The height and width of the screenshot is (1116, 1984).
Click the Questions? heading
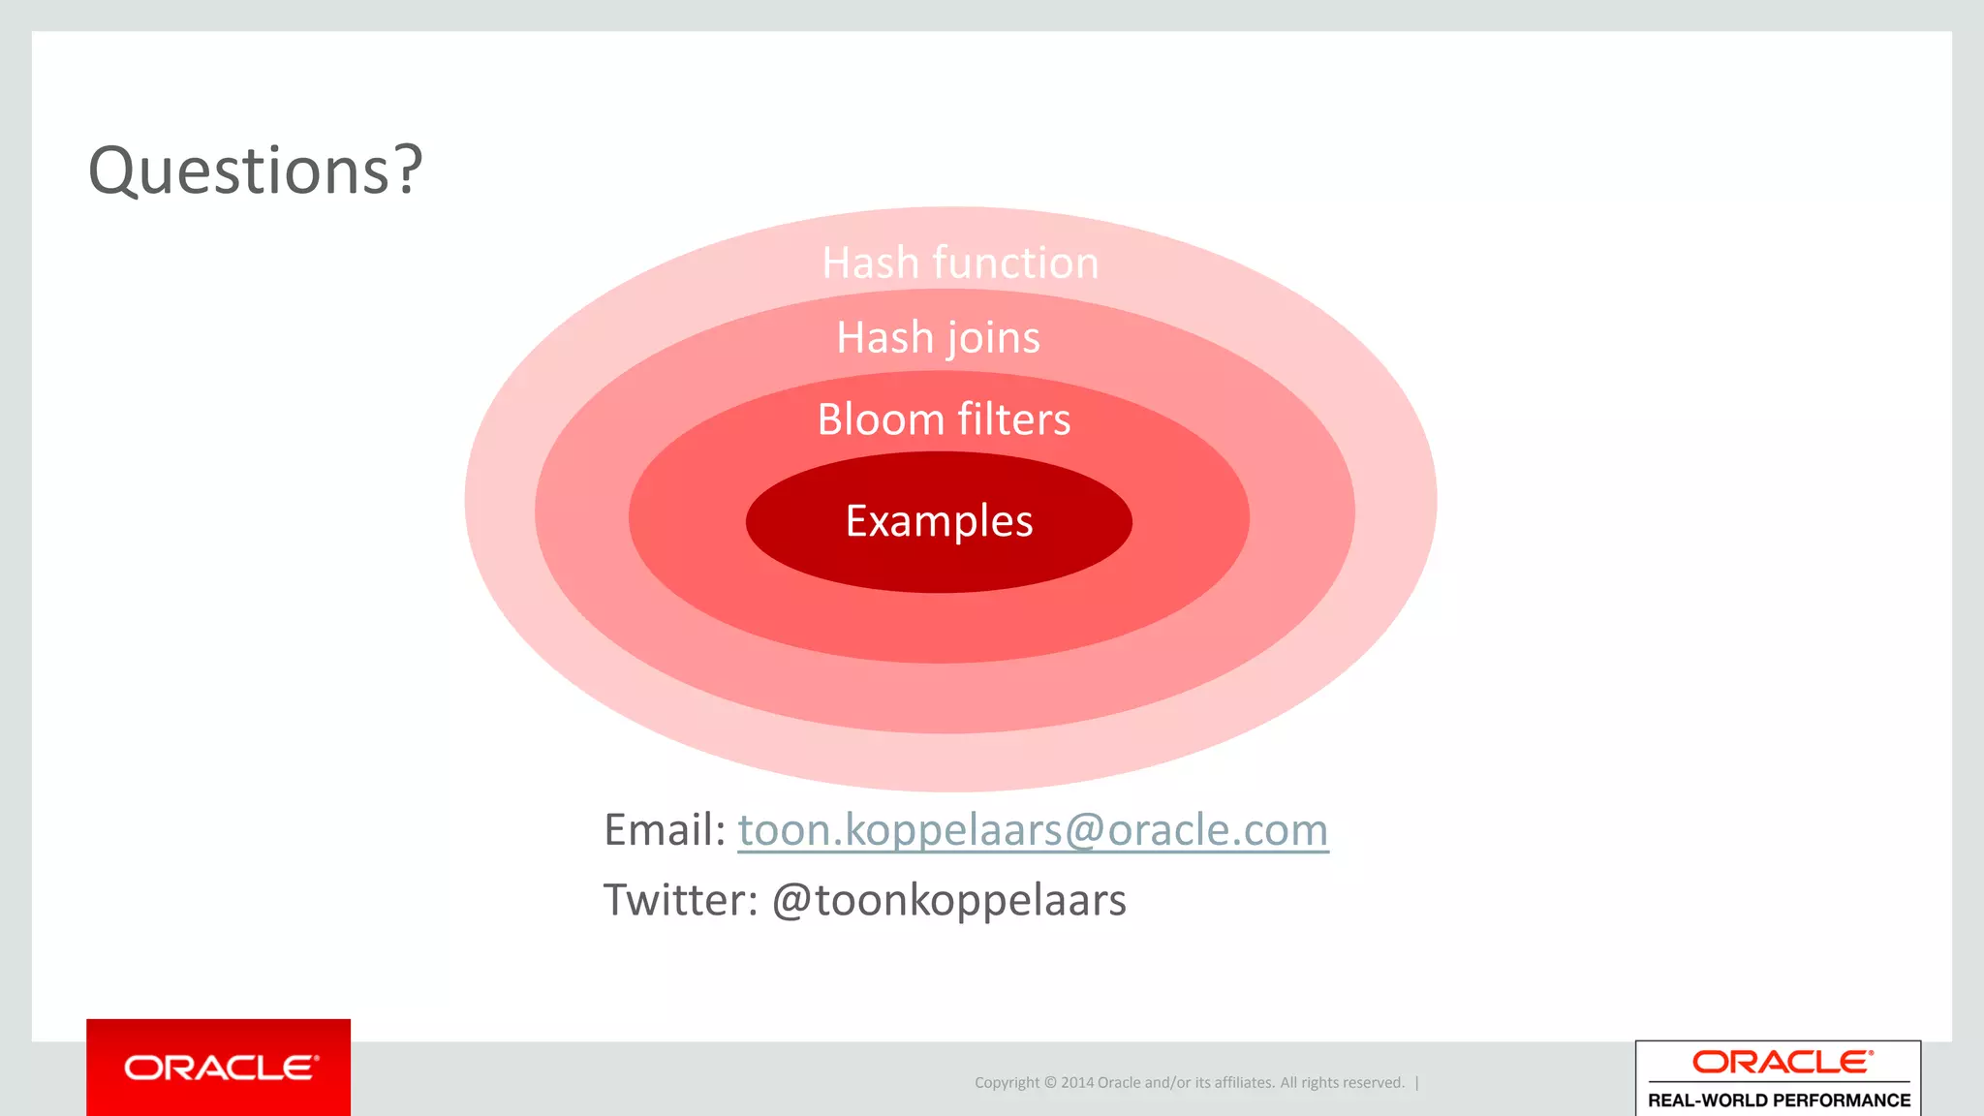pyautogui.click(x=256, y=171)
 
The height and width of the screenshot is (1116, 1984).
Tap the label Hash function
pyautogui.click(x=960, y=263)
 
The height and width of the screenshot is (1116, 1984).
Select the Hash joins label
pyautogui.click(x=938, y=338)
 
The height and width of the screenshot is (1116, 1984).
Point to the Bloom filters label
pyautogui.click(x=944, y=419)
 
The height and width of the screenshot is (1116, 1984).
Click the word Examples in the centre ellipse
pyautogui.click(x=939, y=521)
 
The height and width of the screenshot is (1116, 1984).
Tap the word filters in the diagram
pyautogui.click(x=1013, y=419)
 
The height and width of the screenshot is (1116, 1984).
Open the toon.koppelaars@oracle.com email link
pyautogui.click(x=1033, y=830)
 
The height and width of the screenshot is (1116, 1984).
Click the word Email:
pyautogui.click(x=665, y=830)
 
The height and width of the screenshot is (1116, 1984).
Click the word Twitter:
pyautogui.click(x=681, y=900)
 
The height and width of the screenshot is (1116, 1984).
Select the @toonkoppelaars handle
pyautogui.click(x=948, y=900)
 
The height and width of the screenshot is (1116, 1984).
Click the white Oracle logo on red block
pyautogui.click(x=220, y=1068)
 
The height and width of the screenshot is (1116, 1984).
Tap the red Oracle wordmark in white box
pyautogui.click(x=1782, y=1063)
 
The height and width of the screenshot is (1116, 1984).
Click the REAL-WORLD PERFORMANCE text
pyautogui.click(x=1779, y=1100)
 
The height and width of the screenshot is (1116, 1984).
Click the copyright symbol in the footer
pyautogui.click(x=1049, y=1083)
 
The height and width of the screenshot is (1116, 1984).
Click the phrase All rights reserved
pyautogui.click(x=1342, y=1083)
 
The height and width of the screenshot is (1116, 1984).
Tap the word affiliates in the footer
pyautogui.click(x=1242, y=1083)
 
